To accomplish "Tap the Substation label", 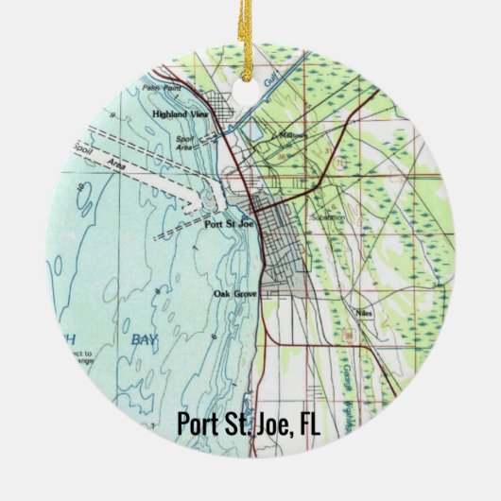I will point(327,216).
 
